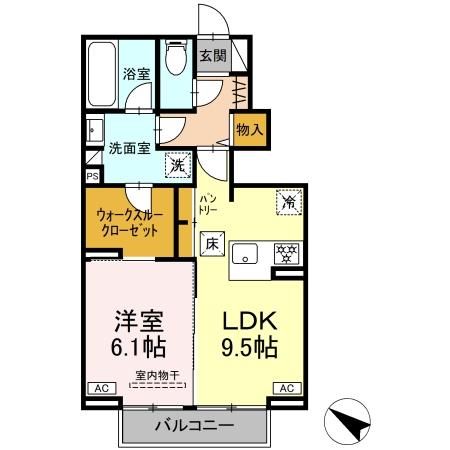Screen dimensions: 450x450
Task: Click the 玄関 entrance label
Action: [212, 56]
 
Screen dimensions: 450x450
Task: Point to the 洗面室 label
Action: [130, 148]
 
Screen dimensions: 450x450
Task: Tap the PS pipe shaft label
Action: [92, 176]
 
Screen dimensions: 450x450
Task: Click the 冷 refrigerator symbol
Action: [288, 200]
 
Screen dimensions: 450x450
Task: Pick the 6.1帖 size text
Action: [137, 350]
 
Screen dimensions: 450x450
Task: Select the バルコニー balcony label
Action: [194, 426]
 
